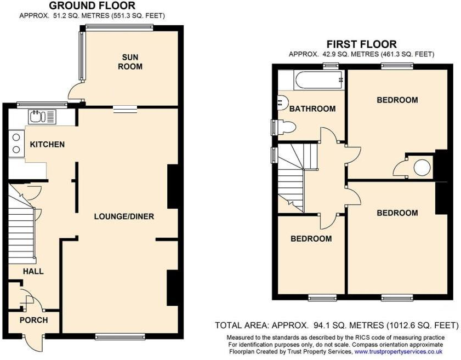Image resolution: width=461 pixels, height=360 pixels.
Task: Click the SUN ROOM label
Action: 131,62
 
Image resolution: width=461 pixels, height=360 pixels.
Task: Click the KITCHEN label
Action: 47,145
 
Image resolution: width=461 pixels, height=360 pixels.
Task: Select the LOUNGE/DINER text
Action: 124,216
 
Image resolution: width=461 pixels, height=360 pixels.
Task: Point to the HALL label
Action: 33,271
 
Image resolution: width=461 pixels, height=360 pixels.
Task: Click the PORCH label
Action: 33,320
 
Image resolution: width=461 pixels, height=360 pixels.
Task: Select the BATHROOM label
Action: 312,109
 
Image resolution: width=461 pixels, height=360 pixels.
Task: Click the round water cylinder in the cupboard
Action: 422,167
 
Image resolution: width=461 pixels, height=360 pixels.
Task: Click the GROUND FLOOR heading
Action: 92,6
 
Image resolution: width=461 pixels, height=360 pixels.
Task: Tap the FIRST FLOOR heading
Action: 361,44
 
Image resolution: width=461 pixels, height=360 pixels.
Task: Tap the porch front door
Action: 36,342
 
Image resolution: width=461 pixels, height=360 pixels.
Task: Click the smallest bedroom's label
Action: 311,239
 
